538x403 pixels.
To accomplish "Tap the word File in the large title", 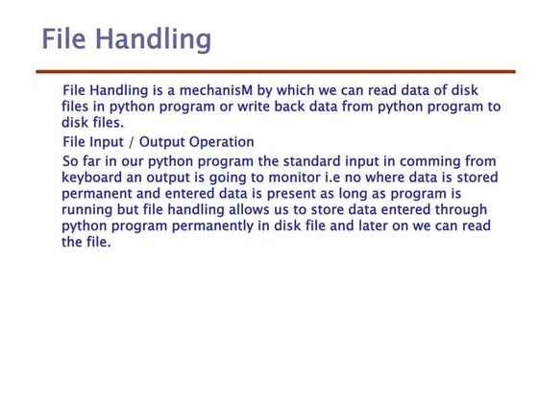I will [67, 39].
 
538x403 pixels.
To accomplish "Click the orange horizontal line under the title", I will [275, 72].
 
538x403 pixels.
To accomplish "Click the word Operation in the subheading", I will [220, 142].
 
